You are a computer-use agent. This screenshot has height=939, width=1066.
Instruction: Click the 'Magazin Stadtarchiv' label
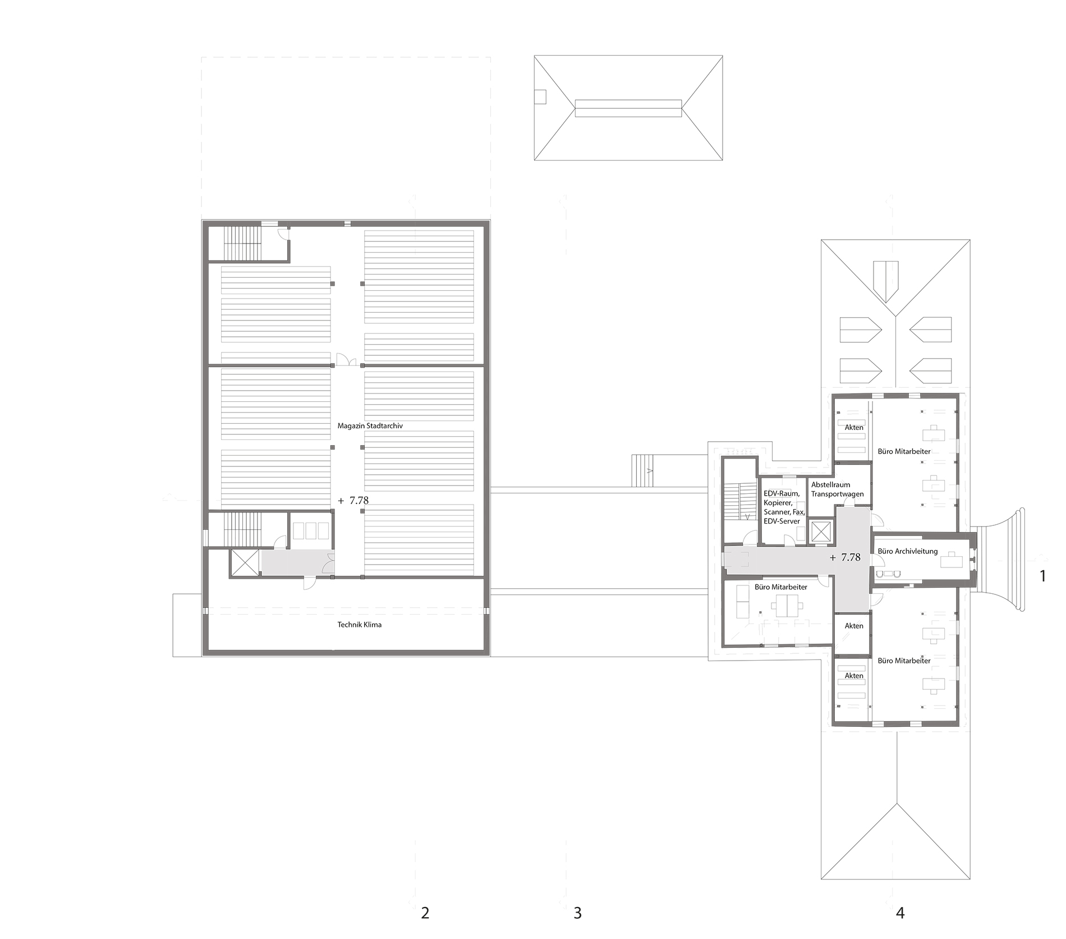370,426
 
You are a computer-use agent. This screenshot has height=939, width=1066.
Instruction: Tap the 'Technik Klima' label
359,625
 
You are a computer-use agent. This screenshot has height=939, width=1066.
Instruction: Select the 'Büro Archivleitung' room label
907,551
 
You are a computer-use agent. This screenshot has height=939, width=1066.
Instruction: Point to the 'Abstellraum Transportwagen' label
837,489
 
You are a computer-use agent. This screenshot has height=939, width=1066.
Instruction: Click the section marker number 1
1042,576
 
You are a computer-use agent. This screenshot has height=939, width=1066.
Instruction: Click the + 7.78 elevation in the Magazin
353,500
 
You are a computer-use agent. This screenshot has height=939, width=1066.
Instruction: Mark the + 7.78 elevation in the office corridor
845,557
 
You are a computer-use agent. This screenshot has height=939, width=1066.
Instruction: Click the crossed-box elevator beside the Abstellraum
820,532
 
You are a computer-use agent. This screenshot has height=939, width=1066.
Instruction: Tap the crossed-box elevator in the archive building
245,563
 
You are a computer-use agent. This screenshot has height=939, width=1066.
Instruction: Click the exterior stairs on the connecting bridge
643,471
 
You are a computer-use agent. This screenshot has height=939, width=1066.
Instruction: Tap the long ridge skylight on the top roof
628,108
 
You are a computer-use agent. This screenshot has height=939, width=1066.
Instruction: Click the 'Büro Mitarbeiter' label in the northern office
904,451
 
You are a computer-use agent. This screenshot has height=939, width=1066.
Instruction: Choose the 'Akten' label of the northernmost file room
854,427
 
